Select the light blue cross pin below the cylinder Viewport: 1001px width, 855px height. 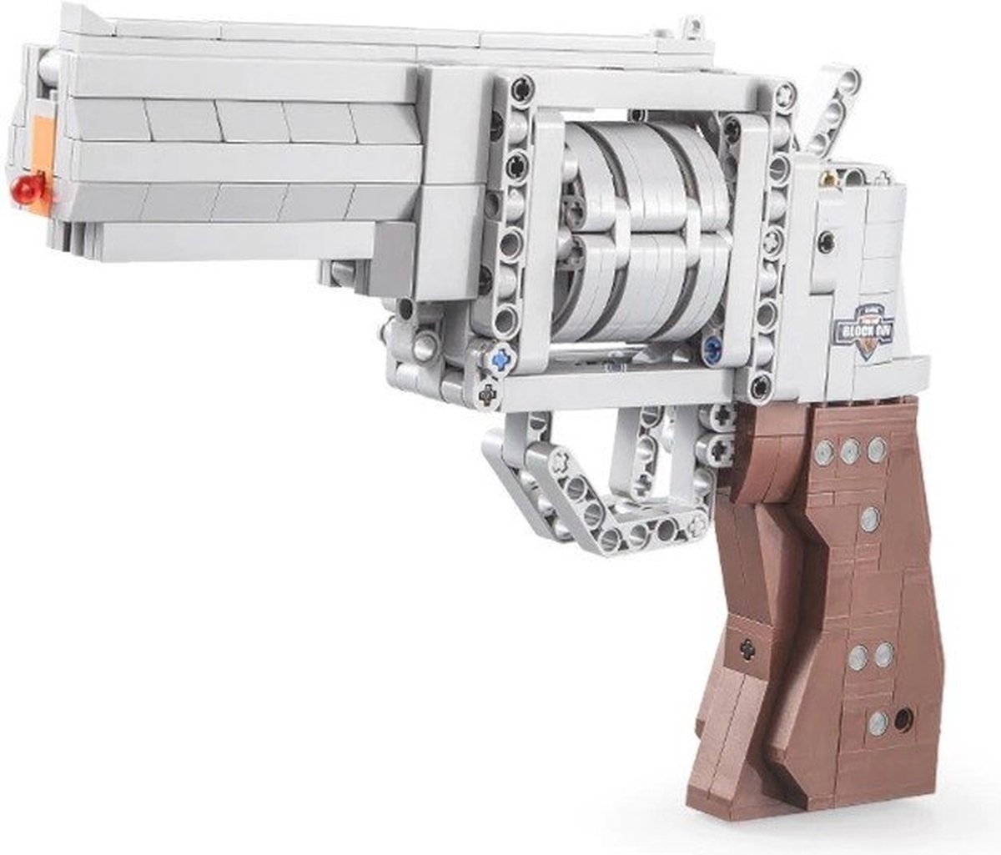click(x=500, y=360)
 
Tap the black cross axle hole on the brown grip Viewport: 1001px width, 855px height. click(x=747, y=646)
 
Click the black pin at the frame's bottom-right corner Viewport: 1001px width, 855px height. click(x=762, y=385)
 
